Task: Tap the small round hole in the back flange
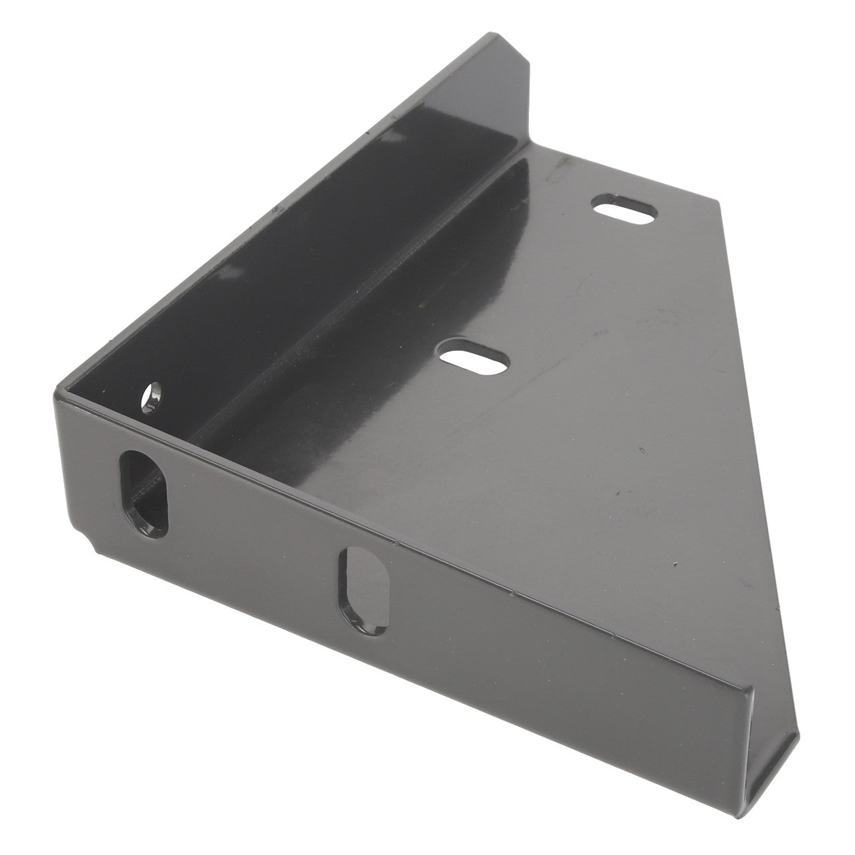point(153,395)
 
